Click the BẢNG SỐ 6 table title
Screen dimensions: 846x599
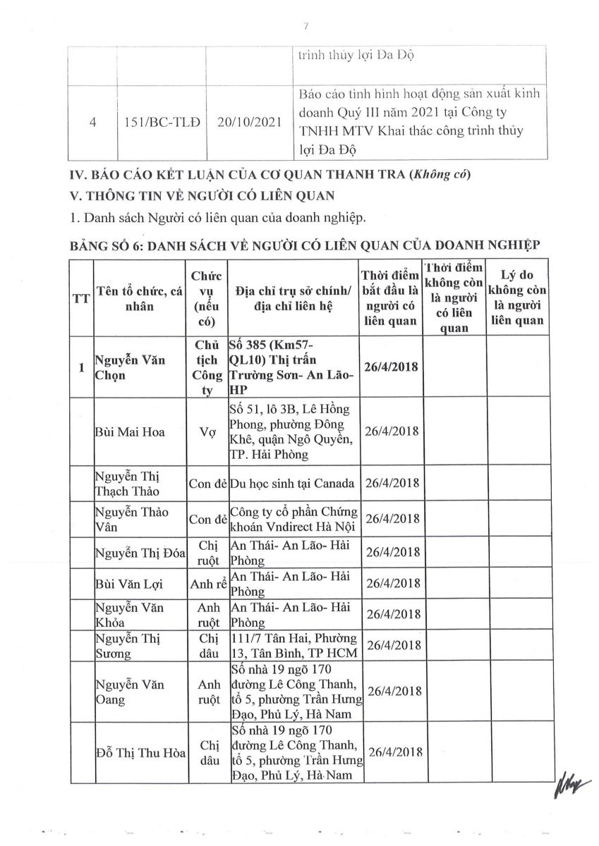pyautogui.click(x=303, y=245)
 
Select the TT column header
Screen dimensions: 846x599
pyautogui.click(x=81, y=298)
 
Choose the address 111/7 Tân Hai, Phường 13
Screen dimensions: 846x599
pyautogui.click(x=294, y=644)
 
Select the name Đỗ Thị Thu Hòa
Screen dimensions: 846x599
pyautogui.click(x=140, y=753)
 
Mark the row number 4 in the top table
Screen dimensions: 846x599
pyautogui.click(x=93, y=121)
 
